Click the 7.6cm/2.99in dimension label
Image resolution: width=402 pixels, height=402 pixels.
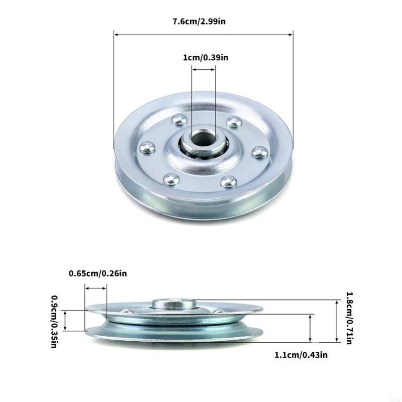point(203,21)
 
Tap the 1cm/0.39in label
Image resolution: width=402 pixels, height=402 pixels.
point(206,58)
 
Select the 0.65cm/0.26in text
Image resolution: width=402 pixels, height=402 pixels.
point(98,273)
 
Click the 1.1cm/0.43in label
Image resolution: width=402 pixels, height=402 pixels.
point(301,355)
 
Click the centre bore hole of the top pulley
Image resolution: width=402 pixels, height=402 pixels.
point(203,141)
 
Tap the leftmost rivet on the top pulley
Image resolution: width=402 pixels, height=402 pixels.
point(146,147)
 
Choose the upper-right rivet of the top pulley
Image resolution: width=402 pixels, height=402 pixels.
point(233,121)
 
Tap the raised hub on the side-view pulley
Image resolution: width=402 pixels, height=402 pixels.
point(173,303)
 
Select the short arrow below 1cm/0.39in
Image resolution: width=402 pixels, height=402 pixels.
point(203,71)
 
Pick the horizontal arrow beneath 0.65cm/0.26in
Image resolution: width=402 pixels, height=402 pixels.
point(96,288)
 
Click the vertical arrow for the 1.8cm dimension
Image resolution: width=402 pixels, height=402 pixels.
point(337,321)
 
